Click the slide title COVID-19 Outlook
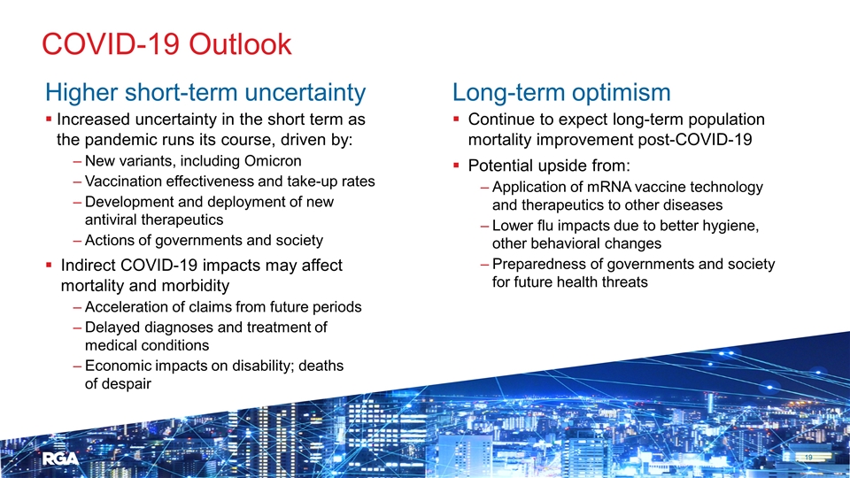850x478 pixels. coord(167,44)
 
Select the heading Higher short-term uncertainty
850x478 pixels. coord(205,93)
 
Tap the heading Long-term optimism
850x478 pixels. coord(561,93)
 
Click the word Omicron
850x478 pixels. coord(273,161)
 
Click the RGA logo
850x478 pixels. coord(61,459)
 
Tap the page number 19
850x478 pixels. coord(808,458)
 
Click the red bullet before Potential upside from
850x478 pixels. coord(457,165)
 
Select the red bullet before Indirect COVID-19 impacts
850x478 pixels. coord(49,265)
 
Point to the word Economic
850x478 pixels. coord(118,366)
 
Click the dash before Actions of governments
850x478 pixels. coord(77,241)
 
